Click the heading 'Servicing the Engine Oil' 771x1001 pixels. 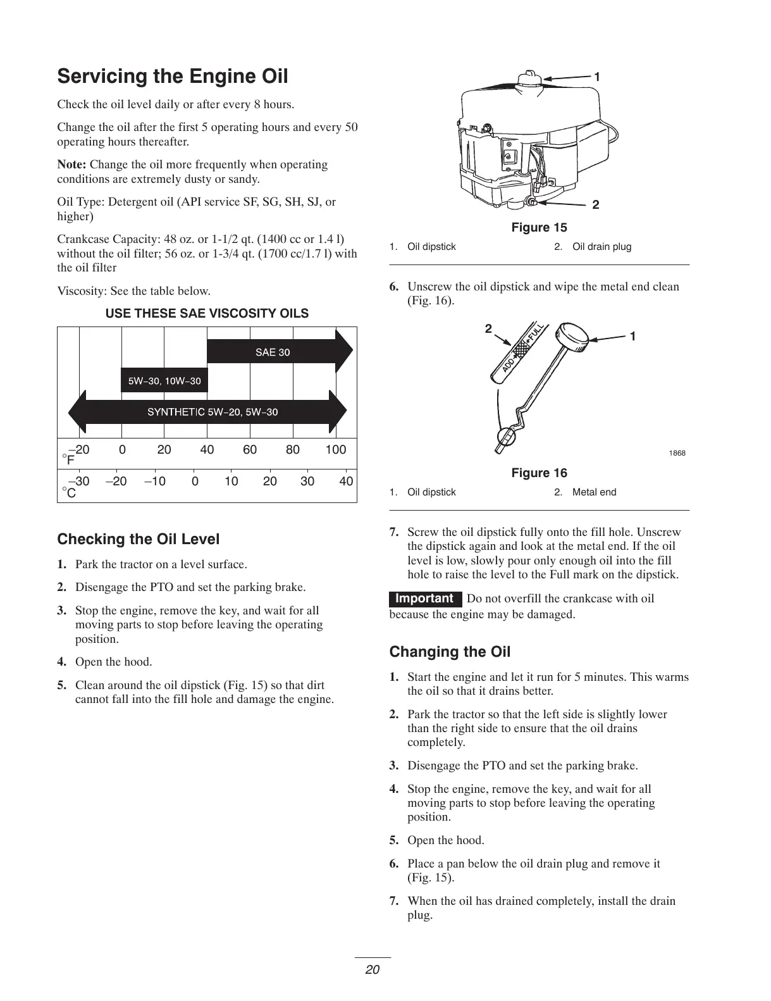173,77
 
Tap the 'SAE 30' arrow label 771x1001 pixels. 273,352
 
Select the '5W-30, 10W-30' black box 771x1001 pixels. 164,381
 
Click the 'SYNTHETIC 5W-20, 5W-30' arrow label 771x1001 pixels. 213,413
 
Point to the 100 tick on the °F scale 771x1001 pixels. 336,450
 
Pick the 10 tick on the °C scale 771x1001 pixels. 231,482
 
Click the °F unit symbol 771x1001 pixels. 68,459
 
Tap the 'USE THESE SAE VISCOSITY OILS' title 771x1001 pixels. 207,314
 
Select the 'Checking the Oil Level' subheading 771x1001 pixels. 139,540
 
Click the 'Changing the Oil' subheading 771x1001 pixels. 450,652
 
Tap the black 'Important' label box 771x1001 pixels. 424,599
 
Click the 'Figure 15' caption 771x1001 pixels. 540,228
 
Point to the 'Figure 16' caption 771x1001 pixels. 540,473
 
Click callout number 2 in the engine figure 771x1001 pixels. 596,205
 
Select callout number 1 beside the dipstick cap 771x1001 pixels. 632,336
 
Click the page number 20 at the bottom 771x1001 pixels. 373,969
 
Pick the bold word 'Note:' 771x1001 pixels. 71,165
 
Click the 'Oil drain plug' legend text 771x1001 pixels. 601,247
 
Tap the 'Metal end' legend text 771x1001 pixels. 594,492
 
